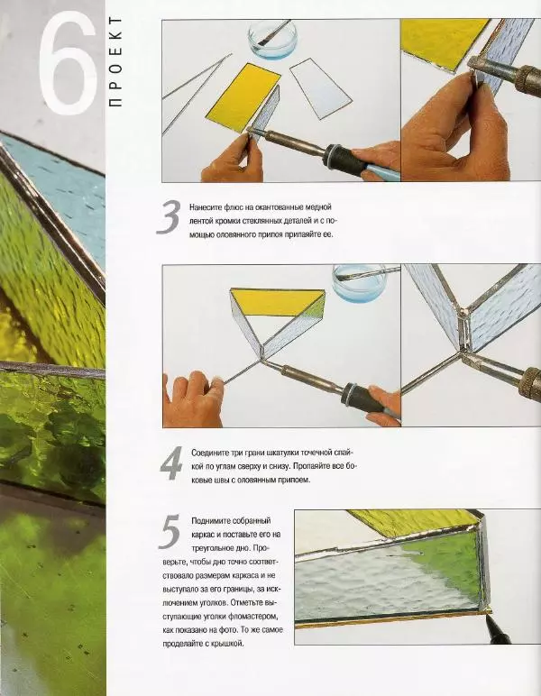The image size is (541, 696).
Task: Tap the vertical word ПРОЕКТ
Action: point(115,61)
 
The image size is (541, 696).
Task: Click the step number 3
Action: point(170,216)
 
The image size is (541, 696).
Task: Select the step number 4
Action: point(171,463)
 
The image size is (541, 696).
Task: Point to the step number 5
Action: point(170,532)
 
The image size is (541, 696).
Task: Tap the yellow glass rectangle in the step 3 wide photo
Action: point(243,97)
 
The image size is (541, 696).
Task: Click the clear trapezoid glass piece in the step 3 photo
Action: point(321,88)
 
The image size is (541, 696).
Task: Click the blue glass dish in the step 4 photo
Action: point(360,283)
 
